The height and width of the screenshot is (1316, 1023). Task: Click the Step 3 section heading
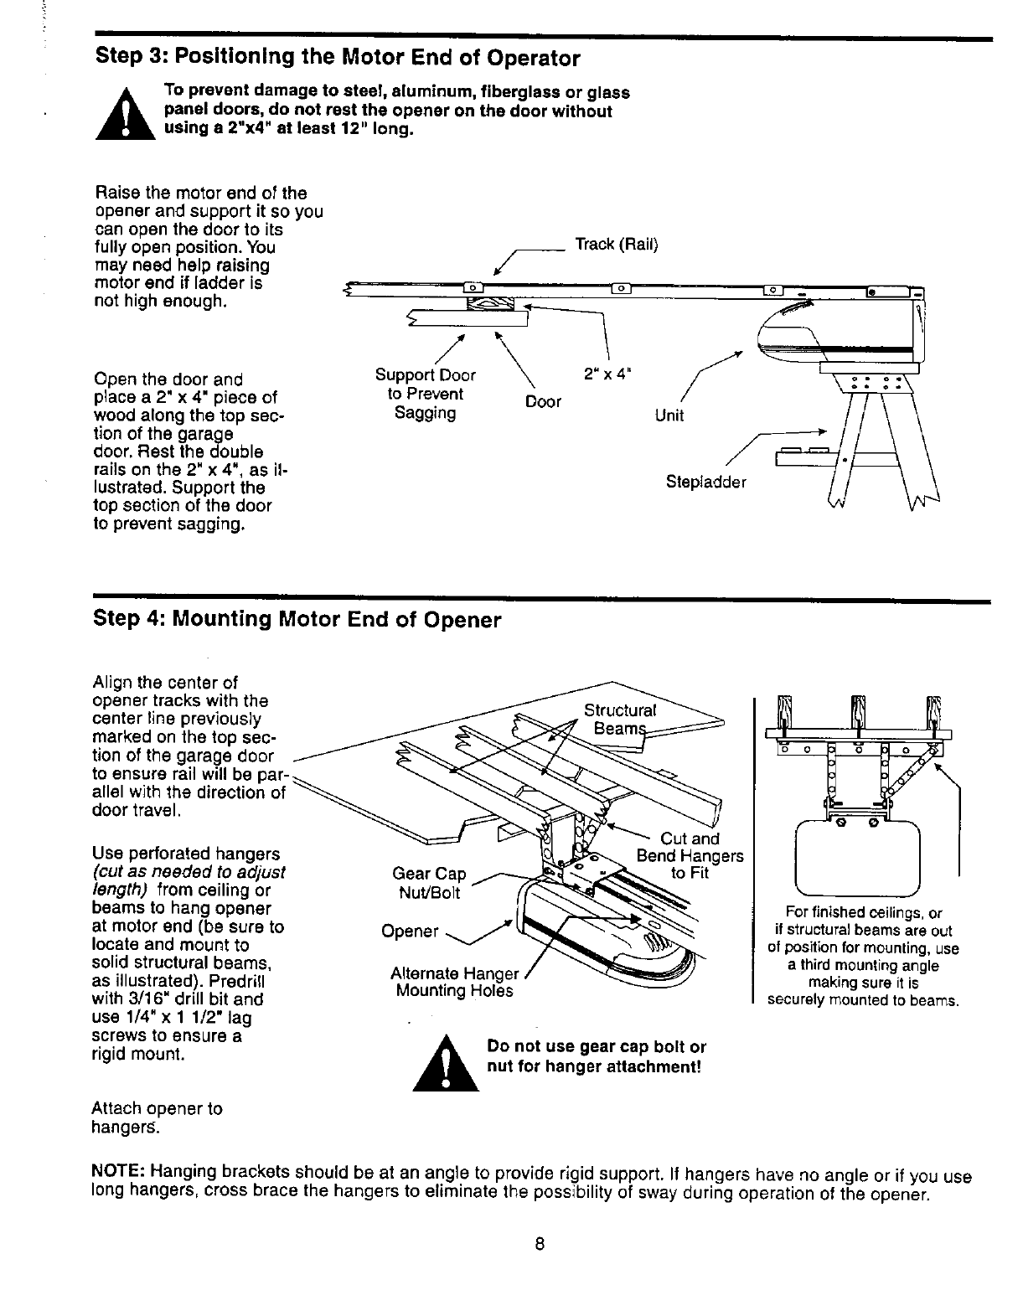(x=338, y=58)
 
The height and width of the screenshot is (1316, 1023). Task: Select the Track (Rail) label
(x=616, y=245)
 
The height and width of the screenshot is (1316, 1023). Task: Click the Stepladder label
(x=705, y=482)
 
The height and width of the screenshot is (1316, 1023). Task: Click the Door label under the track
(x=542, y=402)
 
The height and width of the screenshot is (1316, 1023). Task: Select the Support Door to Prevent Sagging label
(x=426, y=394)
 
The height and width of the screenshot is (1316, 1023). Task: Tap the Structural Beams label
(x=620, y=719)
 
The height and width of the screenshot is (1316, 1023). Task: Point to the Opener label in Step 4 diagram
(x=410, y=932)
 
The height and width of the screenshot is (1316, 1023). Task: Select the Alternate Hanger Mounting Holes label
(x=456, y=982)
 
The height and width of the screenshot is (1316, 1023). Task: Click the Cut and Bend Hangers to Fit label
(x=690, y=855)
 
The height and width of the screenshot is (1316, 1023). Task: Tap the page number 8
(x=540, y=1244)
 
